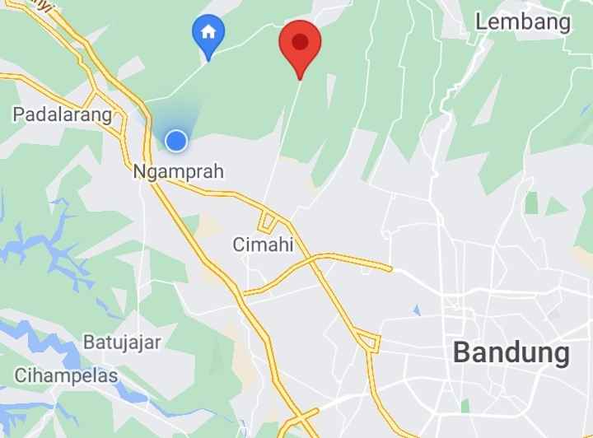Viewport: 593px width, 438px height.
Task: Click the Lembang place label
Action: (x=523, y=22)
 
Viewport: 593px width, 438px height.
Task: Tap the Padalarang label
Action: (x=62, y=114)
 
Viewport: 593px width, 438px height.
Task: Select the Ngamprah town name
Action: (x=178, y=172)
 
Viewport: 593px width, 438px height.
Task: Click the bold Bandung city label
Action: (x=511, y=353)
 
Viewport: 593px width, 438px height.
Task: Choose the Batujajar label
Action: (x=122, y=342)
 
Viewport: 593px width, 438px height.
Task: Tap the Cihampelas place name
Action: (x=65, y=375)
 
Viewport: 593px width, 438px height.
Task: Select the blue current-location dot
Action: (x=175, y=142)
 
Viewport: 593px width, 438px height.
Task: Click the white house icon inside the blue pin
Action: (x=208, y=32)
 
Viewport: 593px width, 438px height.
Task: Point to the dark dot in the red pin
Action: (x=300, y=40)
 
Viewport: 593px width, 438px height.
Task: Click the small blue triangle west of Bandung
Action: (x=417, y=310)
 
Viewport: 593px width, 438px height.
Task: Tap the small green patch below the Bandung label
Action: (x=465, y=405)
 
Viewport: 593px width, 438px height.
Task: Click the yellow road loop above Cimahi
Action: (x=267, y=221)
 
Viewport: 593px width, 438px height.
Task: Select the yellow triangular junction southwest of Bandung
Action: (x=368, y=339)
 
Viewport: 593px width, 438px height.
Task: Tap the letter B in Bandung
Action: (x=464, y=353)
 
